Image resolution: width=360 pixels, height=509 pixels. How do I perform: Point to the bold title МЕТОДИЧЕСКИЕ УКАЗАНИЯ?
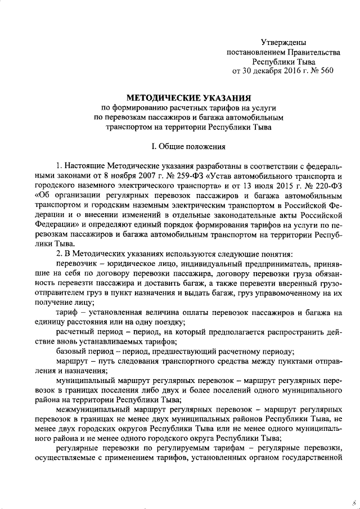coord(186,97)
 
